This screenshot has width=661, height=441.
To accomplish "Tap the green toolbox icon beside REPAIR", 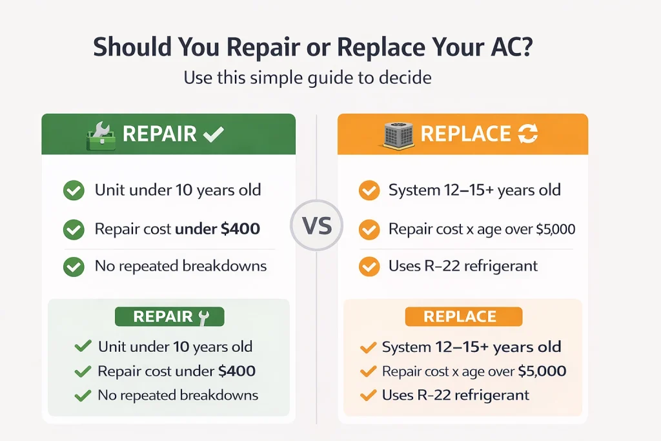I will click(x=101, y=136).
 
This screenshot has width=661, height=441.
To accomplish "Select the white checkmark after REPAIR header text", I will click(x=213, y=134).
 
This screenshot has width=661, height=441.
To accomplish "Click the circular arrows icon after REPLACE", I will click(x=527, y=134).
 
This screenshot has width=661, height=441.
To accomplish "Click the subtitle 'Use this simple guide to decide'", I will click(x=308, y=78).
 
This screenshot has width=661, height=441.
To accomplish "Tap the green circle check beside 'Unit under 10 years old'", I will click(x=74, y=190).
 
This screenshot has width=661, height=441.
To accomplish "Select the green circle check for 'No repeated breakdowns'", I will click(x=74, y=266).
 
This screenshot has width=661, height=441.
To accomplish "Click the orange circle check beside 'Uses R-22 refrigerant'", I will click(x=369, y=266).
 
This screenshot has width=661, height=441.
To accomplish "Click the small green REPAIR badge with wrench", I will click(x=169, y=316).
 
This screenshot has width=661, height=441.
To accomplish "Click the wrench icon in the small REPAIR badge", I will click(x=204, y=316).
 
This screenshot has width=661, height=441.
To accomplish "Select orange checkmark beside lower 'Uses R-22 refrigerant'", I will click(x=368, y=395).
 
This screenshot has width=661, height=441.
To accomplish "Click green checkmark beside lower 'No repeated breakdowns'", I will click(x=83, y=395).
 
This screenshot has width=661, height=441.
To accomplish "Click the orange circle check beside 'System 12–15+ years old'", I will click(x=369, y=190).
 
